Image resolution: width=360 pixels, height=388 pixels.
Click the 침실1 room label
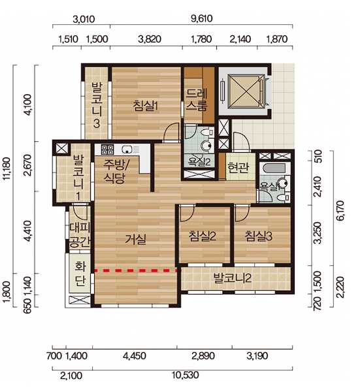tap(145, 106)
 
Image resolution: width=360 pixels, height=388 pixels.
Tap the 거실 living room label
tap(135, 239)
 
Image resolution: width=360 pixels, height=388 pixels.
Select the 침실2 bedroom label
tap(203, 236)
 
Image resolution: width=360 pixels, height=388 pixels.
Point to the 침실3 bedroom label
tap(259, 236)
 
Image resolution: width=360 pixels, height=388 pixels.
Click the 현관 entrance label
tap(238, 167)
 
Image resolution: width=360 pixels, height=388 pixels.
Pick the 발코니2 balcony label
tap(233, 278)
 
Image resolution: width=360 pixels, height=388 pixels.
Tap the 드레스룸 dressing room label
tap(197, 99)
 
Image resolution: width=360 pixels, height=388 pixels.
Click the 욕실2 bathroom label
tap(199, 162)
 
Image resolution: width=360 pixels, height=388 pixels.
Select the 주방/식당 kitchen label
tap(114, 171)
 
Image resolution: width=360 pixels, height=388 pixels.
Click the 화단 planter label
tap(80, 274)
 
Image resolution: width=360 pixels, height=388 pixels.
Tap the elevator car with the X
tap(246, 91)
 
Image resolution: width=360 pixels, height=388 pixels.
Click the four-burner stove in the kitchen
tap(107, 149)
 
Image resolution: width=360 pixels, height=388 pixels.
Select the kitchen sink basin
tap(127, 149)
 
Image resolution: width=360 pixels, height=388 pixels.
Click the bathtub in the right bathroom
tap(274, 169)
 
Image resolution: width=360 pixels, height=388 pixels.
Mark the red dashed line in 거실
tap(136, 270)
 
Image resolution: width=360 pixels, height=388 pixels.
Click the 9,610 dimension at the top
tap(201, 18)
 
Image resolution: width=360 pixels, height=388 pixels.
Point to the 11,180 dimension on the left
tap(7, 168)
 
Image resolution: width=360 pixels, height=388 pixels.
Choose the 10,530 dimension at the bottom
tap(186, 375)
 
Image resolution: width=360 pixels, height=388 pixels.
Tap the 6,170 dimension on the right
tap(340, 210)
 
